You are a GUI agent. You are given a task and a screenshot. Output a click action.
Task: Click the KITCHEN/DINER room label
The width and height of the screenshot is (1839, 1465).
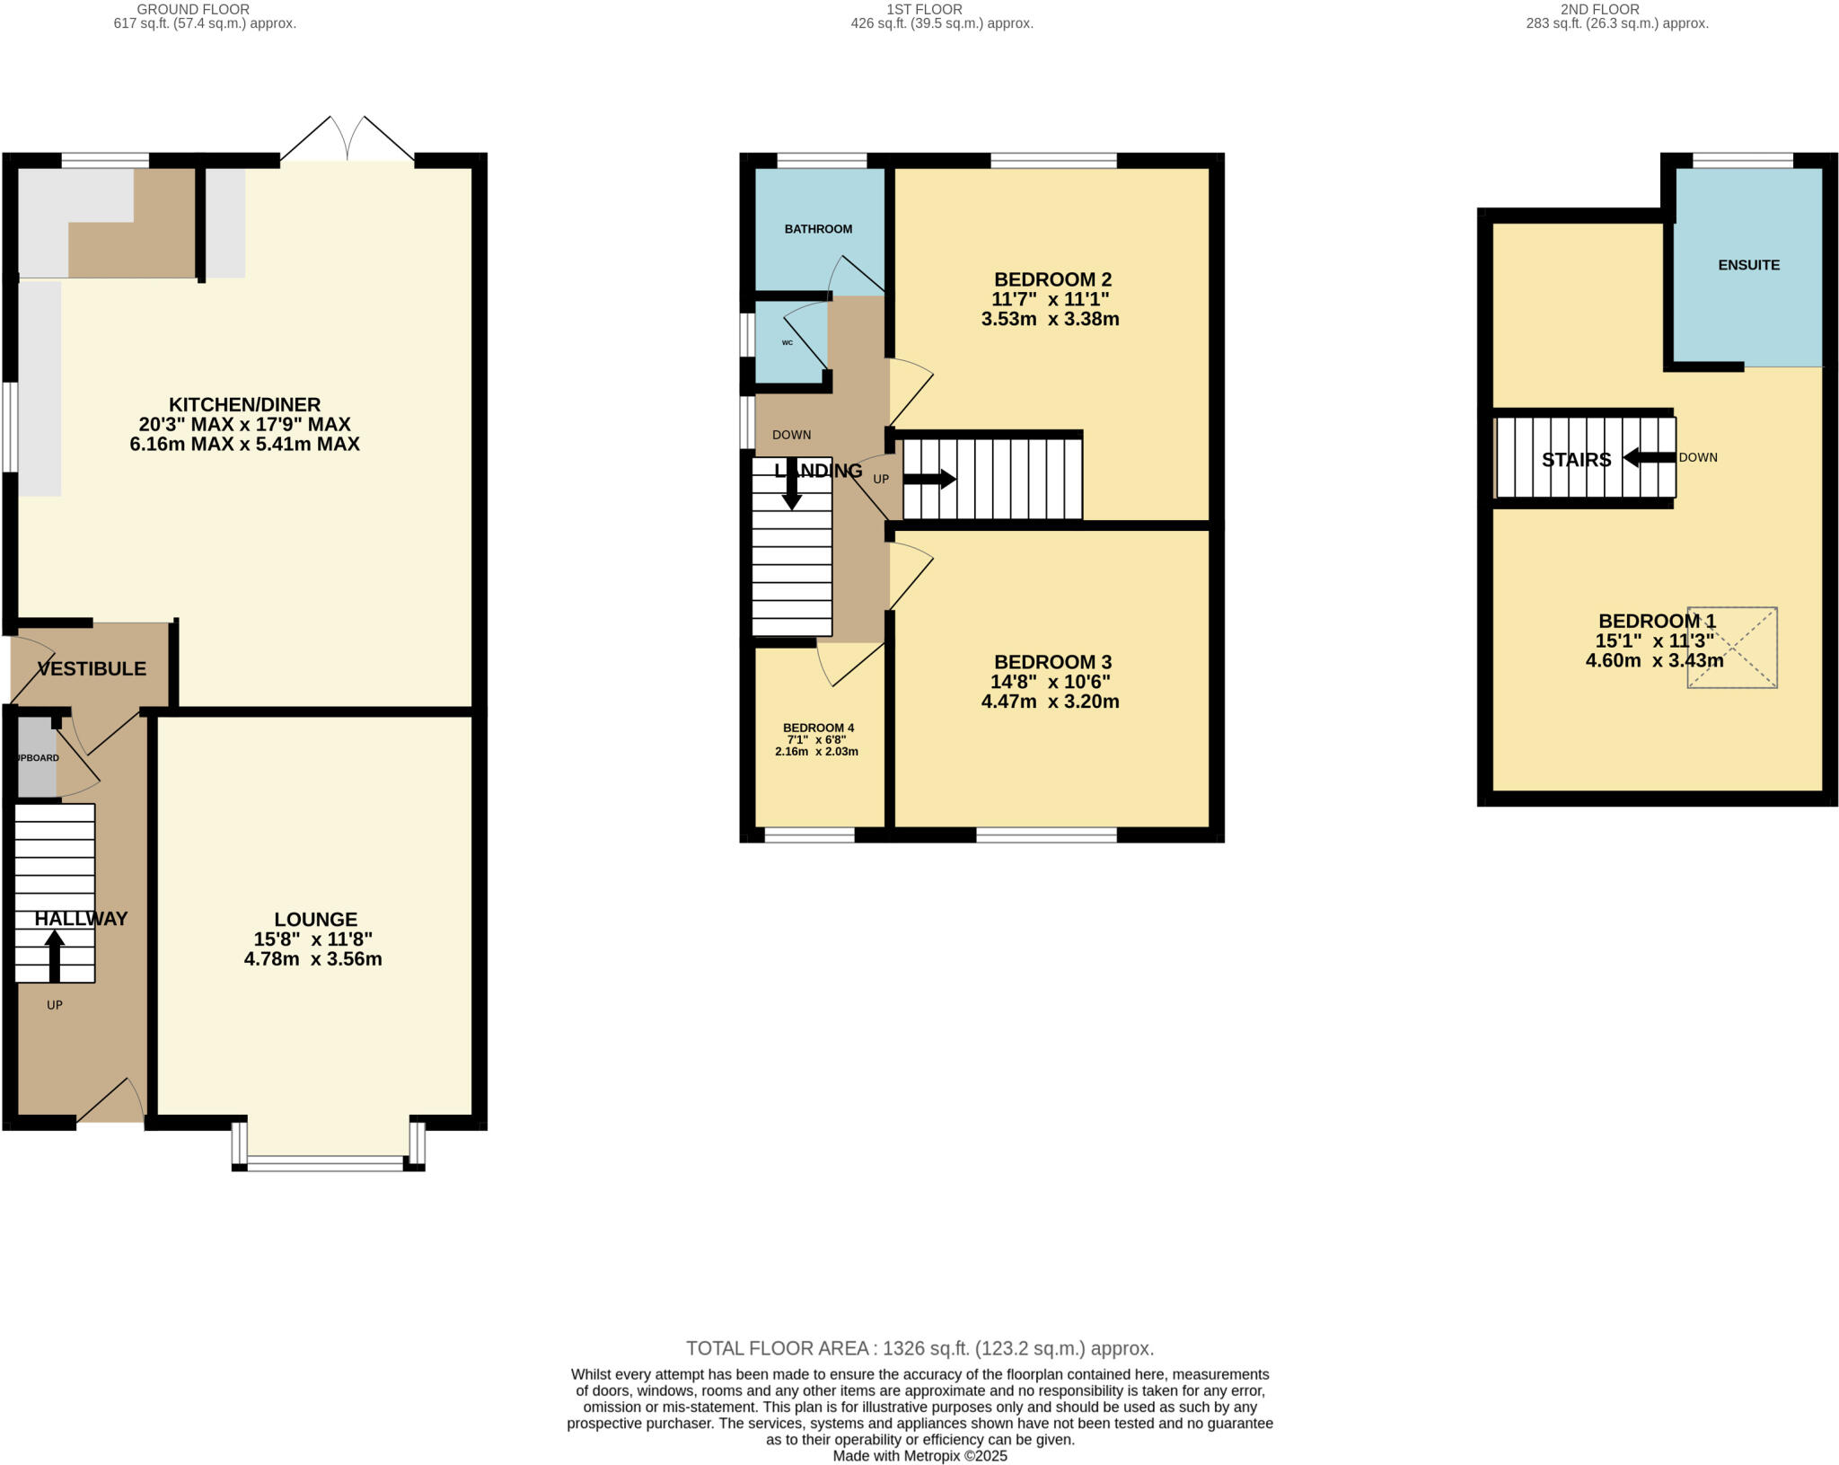click(244, 404)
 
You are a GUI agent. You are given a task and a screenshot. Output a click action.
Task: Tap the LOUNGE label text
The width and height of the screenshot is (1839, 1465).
click(315, 919)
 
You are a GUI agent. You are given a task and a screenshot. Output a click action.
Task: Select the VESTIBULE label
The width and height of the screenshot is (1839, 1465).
click(92, 668)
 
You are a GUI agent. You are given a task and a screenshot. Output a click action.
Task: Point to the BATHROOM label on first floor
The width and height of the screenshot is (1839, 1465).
click(818, 229)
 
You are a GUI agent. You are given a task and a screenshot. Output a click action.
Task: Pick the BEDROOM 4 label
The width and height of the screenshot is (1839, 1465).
click(818, 728)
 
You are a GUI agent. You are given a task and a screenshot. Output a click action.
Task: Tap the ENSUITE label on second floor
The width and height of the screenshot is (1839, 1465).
click(1748, 265)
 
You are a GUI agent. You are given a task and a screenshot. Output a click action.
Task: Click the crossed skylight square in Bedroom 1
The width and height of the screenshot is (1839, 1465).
click(1732, 648)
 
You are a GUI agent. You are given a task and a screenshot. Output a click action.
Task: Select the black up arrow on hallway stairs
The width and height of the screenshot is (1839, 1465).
click(55, 955)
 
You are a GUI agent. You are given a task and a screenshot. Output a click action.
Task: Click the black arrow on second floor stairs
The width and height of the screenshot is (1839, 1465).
click(1649, 457)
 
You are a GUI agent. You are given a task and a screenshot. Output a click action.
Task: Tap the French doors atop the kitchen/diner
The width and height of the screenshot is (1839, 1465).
click(348, 140)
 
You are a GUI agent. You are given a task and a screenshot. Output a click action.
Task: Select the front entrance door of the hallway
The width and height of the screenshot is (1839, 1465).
click(110, 1101)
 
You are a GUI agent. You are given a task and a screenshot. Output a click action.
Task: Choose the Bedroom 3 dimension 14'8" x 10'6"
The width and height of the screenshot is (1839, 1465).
click(1050, 682)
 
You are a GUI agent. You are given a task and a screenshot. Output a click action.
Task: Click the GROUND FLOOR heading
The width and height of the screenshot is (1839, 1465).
click(193, 9)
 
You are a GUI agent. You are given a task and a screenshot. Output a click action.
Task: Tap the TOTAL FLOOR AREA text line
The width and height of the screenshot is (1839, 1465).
click(919, 1348)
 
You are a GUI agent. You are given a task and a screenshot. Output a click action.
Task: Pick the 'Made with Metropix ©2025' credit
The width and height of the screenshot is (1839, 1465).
click(919, 1456)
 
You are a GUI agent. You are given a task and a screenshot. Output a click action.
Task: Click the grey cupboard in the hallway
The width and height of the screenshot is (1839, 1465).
click(37, 757)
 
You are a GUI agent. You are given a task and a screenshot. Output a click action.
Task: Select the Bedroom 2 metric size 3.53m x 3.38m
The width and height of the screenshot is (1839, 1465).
click(1050, 319)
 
